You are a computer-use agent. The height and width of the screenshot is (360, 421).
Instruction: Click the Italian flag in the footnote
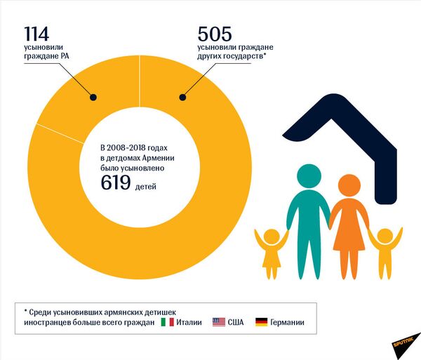tap(167, 322)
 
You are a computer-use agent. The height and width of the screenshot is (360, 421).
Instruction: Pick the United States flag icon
tap(218, 322)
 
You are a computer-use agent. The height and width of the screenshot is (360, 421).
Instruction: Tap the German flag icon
tap(261, 322)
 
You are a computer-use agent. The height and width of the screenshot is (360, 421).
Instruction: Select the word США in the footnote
tap(237, 322)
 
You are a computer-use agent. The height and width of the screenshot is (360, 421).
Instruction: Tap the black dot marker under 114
tap(92, 98)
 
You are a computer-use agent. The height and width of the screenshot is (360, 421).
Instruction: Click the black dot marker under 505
tap(184, 98)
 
